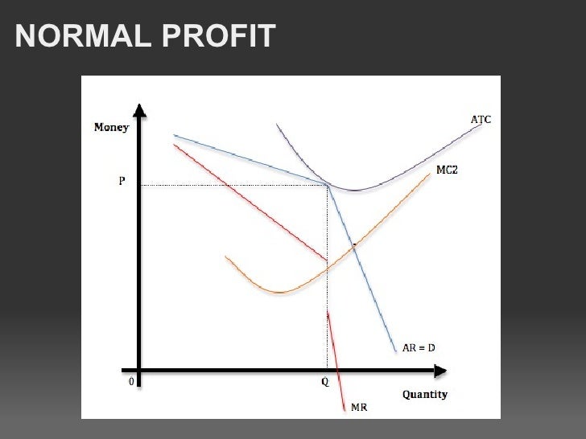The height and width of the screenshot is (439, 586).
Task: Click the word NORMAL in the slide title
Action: pyautogui.click(x=76, y=35)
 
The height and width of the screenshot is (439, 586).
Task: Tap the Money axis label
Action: pyautogui.click(x=111, y=127)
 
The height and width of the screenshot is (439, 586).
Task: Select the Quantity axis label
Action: pyautogui.click(x=425, y=395)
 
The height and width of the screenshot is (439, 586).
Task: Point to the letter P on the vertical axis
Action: pyautogui.click(x=122, y=182)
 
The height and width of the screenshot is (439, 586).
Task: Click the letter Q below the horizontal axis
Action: pyautogui.click(x=325, y=383)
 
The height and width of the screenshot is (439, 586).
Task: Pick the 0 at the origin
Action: pyautogui.click(x=131, y=383)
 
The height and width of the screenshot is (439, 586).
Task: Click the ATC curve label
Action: pyautogui.click(x=481, y=120)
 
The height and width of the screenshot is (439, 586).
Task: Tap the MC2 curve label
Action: pyautogui.click(x=447, y=170)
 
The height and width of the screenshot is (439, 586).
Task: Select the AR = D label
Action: pyautogui.click(x=419, y=349)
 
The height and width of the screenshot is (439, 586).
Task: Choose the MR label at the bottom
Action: pyautogui.click(x=360, y=408)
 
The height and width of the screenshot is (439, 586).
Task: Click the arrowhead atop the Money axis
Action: pyautogui.click(x=140, y=109)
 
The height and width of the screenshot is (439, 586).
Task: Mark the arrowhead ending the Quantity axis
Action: pyautogui.click(x=439, y=371)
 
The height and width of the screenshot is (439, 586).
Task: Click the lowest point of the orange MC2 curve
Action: pyautogui.click(x=279, y=292)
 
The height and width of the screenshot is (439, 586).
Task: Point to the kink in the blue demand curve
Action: pyautogui.click(x=328, y=186)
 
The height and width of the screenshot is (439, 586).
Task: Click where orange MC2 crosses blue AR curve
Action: pyautogui.click(x=353, y=245)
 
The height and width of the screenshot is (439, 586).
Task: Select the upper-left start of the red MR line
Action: pyautogui.click(x=174, y=146)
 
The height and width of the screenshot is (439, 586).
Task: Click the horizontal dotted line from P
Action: pyautogui.click(x=233, y=186)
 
